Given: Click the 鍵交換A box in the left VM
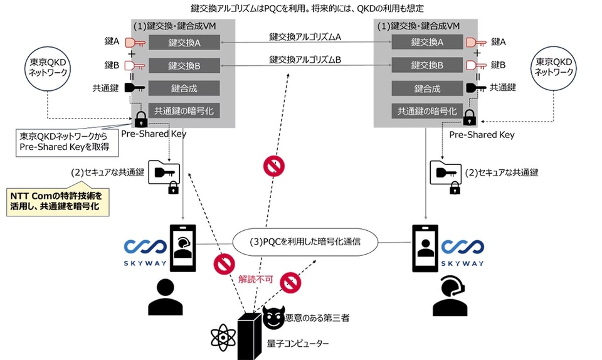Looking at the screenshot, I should click(184, 43).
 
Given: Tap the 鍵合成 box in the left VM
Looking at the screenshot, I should click(184, 88).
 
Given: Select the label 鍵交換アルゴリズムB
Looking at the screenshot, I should click(305, 60).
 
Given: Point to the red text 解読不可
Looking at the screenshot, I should click(255, 280).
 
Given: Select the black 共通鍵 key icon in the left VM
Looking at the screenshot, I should click(134, 88).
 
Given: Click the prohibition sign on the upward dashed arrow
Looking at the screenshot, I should click(273, 166).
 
